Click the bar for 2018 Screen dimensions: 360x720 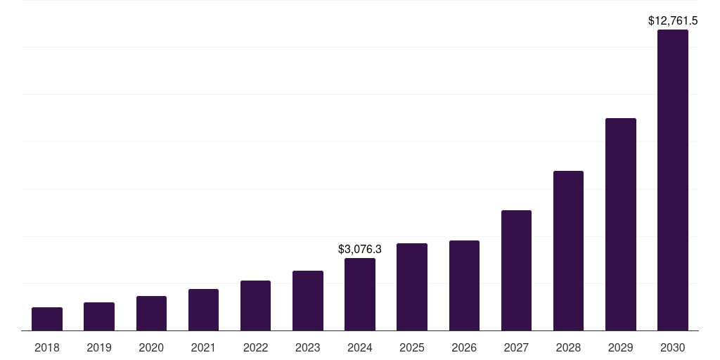point(47,319)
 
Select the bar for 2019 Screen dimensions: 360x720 point(99,316)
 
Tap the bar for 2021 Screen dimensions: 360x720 point(203,309)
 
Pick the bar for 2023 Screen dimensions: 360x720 point(308,300)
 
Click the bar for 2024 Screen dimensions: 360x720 point(360,294)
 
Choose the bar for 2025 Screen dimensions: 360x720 point(412,287)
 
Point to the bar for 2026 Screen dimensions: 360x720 point(464,285)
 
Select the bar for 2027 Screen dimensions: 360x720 point(516,270)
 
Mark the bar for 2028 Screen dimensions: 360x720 point(568,250)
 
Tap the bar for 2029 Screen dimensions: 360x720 point(620,224)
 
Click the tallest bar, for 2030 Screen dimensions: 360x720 point(673,180)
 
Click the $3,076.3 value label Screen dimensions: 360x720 point(360,250)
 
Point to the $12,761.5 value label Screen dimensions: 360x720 point(673,21)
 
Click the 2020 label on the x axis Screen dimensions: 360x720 point(151,347)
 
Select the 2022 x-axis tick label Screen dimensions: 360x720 point(256,347)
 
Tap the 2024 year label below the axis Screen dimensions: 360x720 point(360,347)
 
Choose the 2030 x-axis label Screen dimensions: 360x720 point(673,347)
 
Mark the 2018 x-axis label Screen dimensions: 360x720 point(47,347)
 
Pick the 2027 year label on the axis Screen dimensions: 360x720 point(516,347)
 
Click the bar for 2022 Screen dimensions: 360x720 point(256,305)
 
